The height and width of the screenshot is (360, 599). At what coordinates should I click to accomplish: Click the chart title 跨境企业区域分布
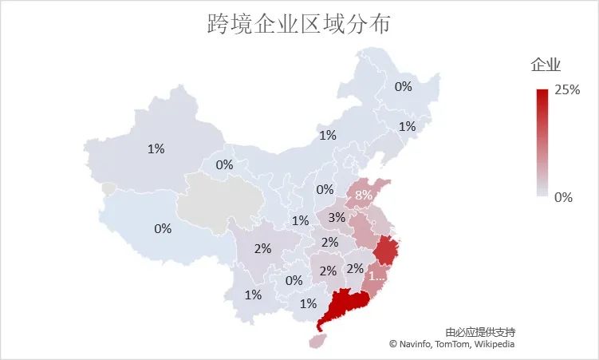[298, 25]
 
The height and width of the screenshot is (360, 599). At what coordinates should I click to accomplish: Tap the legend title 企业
[546, 65]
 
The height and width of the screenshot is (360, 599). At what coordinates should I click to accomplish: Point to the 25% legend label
[567, 90]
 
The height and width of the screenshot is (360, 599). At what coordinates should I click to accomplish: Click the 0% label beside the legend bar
[563, 196]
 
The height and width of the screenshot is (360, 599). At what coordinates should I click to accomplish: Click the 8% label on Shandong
[364, 195]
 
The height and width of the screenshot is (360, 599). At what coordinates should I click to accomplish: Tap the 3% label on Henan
[337, 217]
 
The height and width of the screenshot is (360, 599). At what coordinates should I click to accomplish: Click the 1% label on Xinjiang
[156, 148]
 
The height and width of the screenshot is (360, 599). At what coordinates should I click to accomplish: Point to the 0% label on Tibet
[163, 228]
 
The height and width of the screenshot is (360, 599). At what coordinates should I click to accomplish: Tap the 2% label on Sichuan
[263, 248]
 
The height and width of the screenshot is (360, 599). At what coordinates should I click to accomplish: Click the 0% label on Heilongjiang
[404, 86]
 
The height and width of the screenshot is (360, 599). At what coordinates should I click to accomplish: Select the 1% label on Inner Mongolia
[327, 135]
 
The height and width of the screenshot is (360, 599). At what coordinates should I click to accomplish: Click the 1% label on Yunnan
[253, 295]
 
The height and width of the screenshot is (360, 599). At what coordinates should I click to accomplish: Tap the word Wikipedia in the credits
[495, 344]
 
